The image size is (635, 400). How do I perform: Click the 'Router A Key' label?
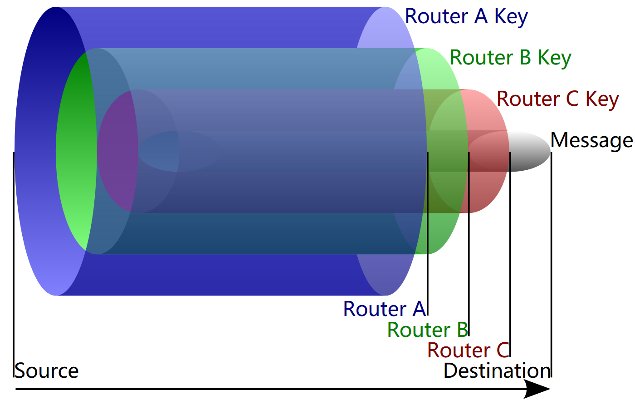tap(466, 17)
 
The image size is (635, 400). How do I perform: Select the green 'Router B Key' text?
tap(510, 58)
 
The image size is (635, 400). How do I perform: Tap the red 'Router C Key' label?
tap(557, 99)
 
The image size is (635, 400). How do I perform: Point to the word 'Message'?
tap(591, 140)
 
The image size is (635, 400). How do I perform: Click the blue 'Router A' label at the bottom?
tap(384, 309)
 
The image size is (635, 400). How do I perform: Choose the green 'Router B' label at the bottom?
tap(427, 330)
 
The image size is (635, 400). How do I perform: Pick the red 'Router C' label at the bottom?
tap(468, 351)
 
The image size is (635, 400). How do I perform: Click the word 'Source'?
tap(47, 371)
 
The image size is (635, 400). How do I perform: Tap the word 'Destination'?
tap(496, 371)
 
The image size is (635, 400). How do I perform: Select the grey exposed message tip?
tap(531, 151)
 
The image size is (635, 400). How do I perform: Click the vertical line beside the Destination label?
tap(551, 272)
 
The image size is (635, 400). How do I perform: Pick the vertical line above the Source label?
tap(14, 272)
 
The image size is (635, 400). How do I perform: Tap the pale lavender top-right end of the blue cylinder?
tap(386, 27)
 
